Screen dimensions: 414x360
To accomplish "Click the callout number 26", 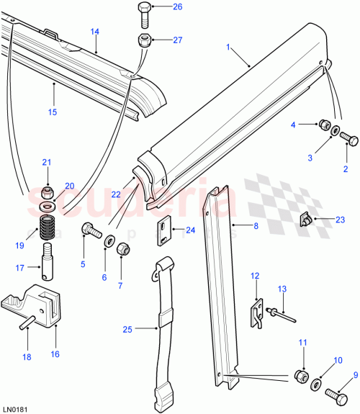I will [x=177, y=7].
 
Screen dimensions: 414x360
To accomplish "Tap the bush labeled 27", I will [x=143, y=40].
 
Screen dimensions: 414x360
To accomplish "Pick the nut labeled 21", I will [x=47, y=192].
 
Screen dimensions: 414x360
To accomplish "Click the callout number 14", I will [x=95, y=31].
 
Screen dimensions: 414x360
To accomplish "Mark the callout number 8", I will [x=255, y=225].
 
